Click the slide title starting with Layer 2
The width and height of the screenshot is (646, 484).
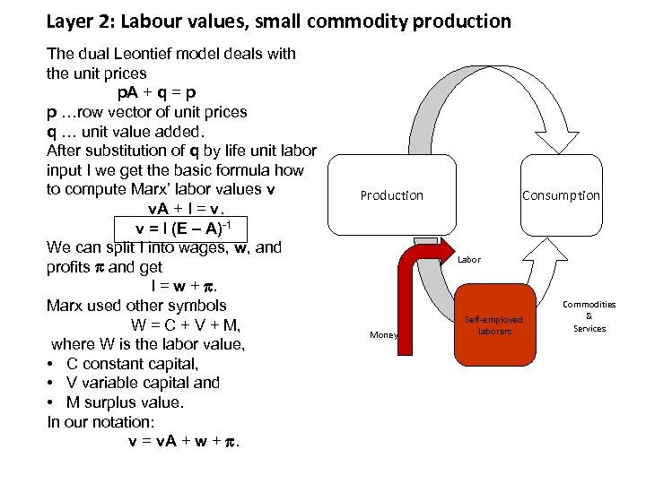pyautogui.click(x=278, y=21)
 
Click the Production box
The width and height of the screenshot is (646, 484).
pyautogui.click(x=391, y=195)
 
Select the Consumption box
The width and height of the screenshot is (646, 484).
pyautogui.click(x=561, y=195)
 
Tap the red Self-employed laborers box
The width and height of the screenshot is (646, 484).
pyautogui.click(x=493, y=325)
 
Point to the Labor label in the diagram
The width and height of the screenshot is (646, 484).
pyautogui.click(x=468, y=260)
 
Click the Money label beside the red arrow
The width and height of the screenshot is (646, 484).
pyautogui.click(x=383, y=335)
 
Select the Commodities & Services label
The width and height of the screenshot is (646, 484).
pyautogui.click(x=589, y=316)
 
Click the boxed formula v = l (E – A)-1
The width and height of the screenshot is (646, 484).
pyautogui.click(x=179, y=228)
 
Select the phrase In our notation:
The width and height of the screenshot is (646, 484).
pyautogui.click(x=106, y=422)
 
